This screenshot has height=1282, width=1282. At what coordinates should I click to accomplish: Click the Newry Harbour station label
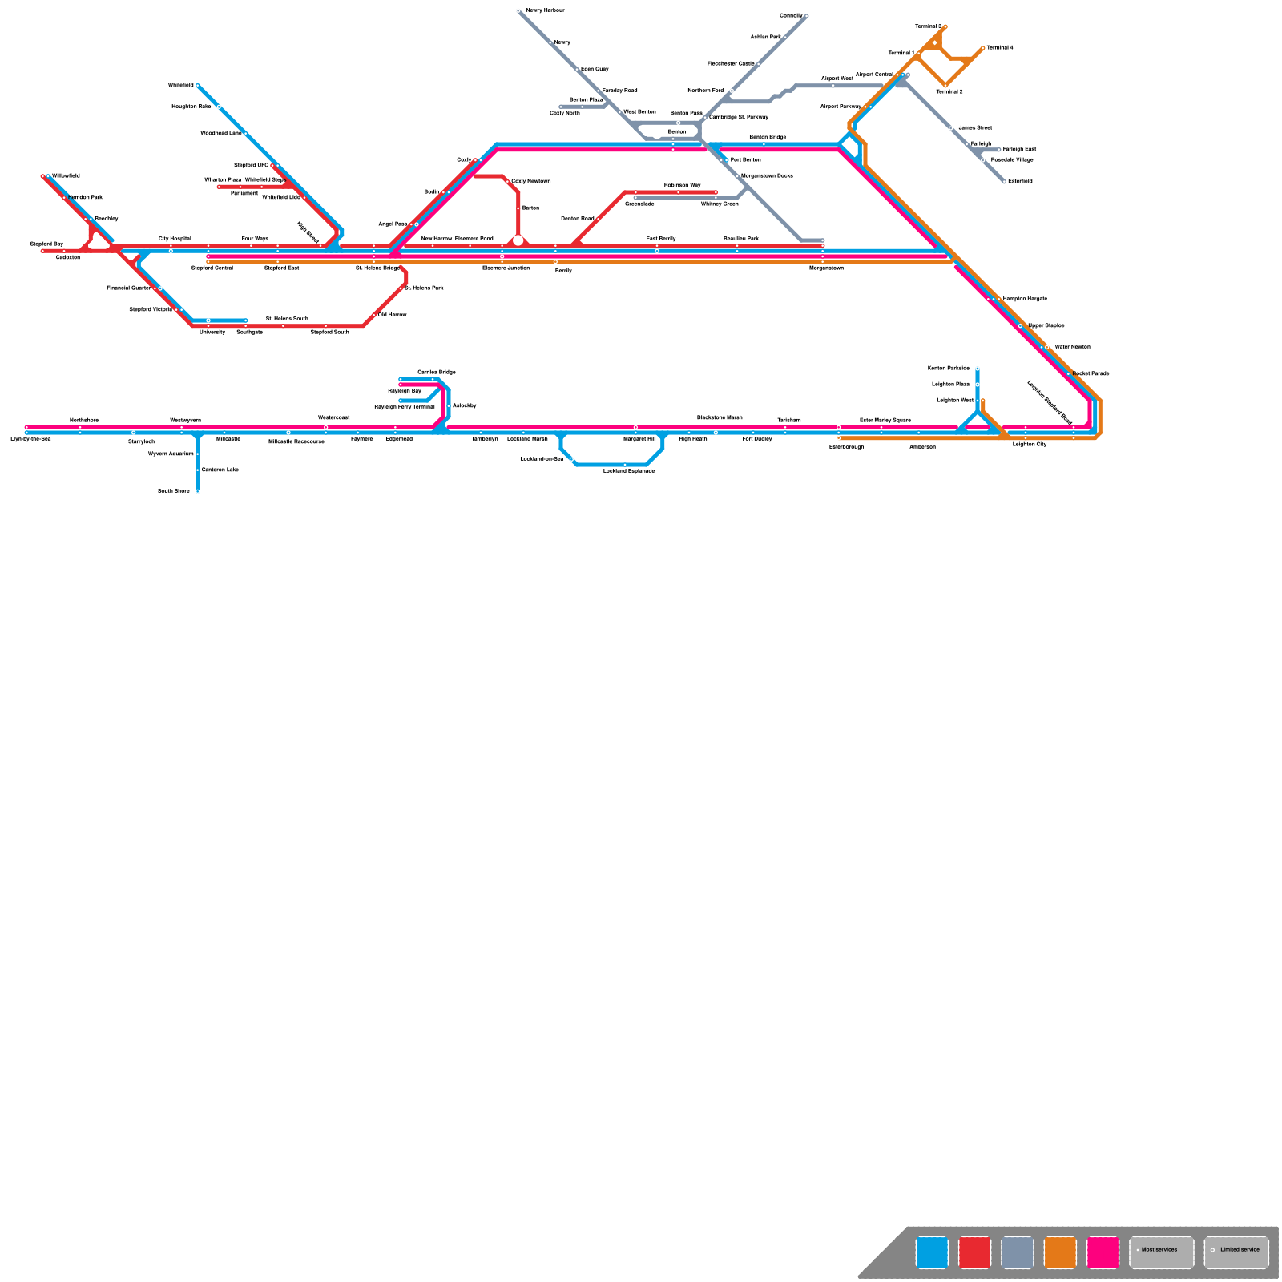[545, 10]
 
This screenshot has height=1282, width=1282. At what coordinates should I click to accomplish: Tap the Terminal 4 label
[999, 48]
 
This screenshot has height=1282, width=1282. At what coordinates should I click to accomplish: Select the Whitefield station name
[181, 85]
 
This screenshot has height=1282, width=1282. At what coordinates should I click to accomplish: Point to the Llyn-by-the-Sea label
[30, 439]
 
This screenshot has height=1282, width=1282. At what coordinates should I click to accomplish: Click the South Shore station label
[174, 491]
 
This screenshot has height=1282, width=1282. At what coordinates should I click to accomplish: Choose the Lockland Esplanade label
[629, 471]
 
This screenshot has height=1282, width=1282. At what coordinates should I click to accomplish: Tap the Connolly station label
[791, 16]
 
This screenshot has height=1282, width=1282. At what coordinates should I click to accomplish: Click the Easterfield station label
[1020, 181]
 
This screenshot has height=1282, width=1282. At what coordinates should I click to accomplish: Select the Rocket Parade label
[1091, 373]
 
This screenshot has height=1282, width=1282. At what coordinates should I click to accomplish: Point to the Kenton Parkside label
[949, 369]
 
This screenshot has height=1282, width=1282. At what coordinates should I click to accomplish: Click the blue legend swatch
[932, 1252]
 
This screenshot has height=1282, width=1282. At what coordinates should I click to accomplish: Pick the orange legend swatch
[1060, 1252]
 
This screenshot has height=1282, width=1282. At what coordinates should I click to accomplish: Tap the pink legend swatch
[1103, 1252]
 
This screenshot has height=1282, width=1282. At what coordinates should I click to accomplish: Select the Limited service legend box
[1236, 1252]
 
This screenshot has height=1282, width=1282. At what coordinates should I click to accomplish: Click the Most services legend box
[1162, 1252]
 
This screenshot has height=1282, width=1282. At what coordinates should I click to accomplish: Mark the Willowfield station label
[66, 176]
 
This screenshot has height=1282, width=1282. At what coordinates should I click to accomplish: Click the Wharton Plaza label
[223, 180]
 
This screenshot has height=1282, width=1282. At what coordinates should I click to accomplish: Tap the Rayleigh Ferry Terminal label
[405, 407]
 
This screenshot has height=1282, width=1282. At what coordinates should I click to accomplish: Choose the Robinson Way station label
[682, 185]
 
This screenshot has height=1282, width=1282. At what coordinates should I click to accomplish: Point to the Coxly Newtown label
[531, 181]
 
